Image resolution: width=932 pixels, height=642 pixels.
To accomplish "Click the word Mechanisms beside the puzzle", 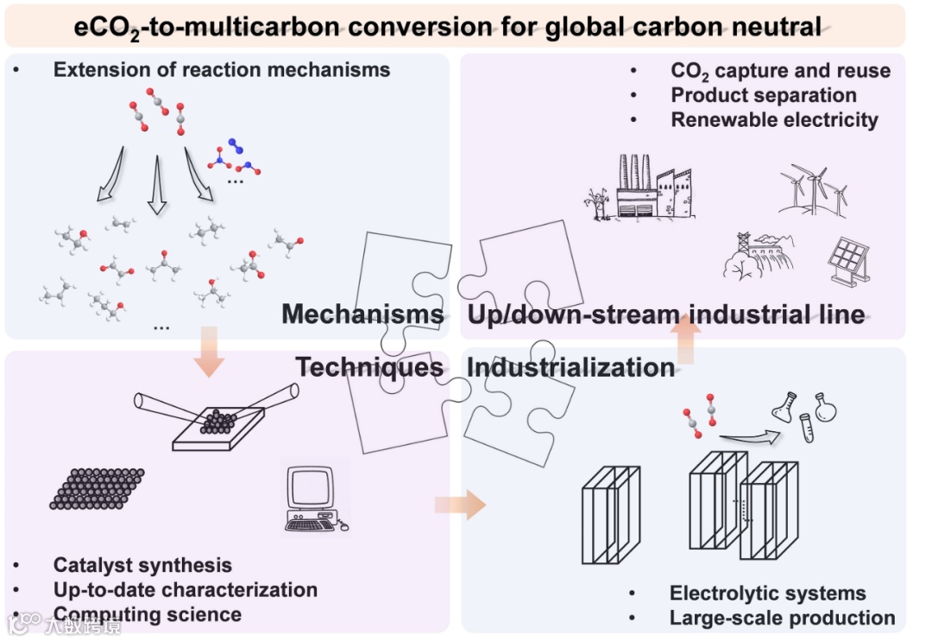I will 362,314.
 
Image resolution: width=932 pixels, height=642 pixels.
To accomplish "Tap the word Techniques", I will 369,367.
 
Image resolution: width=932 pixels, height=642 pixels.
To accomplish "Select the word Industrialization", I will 570,367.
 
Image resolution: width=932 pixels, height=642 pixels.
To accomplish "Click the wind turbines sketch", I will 813,188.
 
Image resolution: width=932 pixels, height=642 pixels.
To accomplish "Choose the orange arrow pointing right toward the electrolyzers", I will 461,504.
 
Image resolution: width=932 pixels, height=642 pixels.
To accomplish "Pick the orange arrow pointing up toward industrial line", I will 686,340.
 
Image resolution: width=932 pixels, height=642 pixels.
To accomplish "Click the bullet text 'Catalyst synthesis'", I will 142,565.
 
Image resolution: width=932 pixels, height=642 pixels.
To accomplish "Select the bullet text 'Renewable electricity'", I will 774,120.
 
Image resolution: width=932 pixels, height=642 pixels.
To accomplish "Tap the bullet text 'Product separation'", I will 764,96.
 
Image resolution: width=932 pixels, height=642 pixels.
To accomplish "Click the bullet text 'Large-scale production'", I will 782,618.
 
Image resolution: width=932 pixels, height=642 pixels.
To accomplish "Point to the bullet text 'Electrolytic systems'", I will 767,594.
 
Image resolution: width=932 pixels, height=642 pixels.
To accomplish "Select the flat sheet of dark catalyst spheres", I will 98,488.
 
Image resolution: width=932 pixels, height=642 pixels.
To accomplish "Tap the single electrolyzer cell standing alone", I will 610,514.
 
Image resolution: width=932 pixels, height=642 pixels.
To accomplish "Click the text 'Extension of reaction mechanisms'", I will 222,70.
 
